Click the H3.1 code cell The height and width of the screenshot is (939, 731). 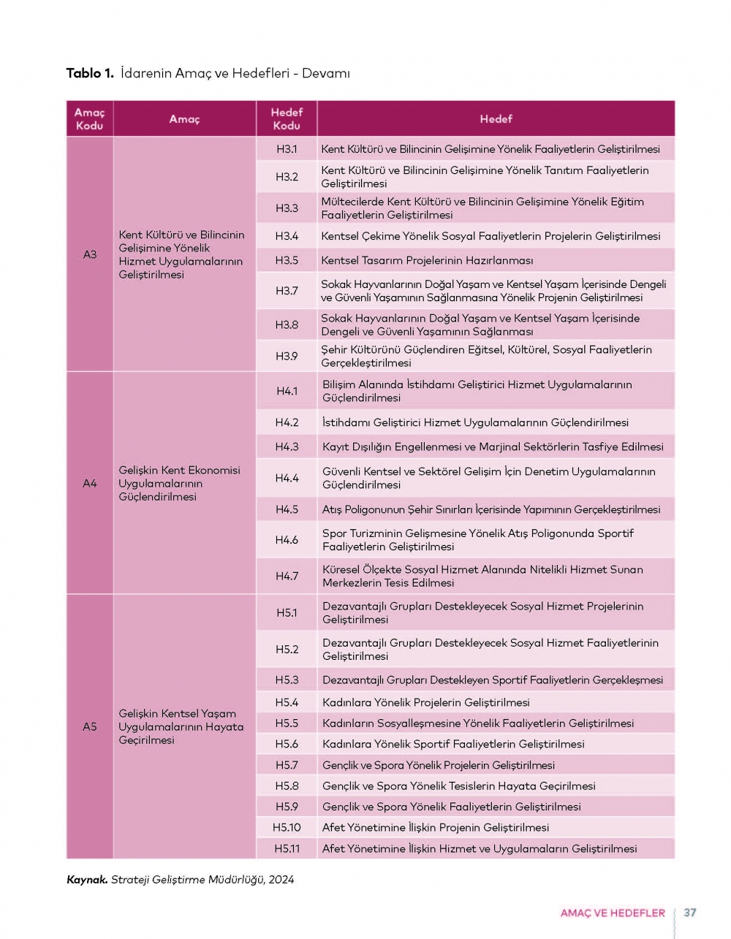[287, 149]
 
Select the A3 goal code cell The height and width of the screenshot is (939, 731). [90, 254]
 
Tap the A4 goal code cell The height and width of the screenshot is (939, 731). [90, 483]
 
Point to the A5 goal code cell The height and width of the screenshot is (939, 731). [90, 726]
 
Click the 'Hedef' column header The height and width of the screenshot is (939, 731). [496, 118]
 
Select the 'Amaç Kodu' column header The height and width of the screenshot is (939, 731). [90, 118]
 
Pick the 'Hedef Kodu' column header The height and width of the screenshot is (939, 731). [287, 118]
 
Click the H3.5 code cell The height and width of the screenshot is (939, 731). [287, 260]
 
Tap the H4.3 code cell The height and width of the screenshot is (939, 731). [287, 446]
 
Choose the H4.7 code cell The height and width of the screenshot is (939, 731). [287, 576]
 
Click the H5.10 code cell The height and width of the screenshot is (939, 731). [287, 827]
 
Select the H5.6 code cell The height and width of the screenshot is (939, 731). [287, 744]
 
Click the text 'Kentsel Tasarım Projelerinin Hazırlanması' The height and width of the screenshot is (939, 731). [427, 260]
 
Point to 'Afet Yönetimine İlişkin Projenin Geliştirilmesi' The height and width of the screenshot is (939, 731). [436, 827]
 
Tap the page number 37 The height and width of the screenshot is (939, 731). [690, 913]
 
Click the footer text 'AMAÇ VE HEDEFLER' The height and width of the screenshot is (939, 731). [613, 913]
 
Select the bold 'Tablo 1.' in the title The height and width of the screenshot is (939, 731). [90, 73]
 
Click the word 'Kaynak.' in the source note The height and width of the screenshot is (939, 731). [87, 880]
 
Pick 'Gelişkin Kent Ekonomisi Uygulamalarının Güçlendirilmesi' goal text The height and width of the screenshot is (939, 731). [180, 483]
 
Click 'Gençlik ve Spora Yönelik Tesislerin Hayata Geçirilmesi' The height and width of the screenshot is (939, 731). [458, 786]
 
